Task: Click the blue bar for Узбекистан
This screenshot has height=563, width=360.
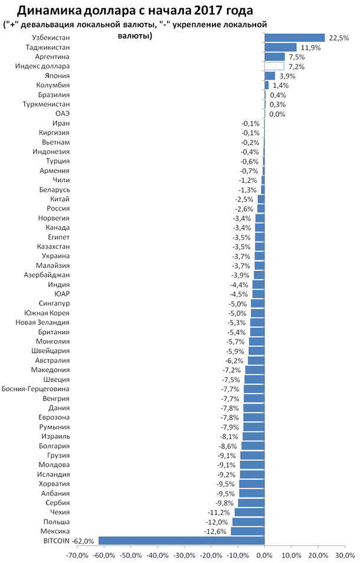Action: pyautogui.click(x=294, y=38)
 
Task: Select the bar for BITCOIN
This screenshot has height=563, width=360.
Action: pyautogui.click(x=181, y=541)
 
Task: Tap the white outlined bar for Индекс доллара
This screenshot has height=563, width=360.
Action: pyautogui.click(x=274, y=66)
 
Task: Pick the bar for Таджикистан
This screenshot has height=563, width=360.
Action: pyautogui.click(x=280, y=47)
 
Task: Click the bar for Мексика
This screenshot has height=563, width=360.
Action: pyautogui.click(x=248, y=531)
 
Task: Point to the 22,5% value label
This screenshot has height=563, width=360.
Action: pyautogui.click(x=339, y=38)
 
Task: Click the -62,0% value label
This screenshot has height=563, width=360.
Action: pyautogui.click(x=83, y=541)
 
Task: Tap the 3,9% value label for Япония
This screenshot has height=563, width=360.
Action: pyautogui.click(x=287, y=76)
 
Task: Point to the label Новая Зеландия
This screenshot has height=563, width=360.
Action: pyautogui.click(x=43, y=322)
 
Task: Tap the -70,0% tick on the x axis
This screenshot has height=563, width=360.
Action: pyautogui.click(x=77, y=555)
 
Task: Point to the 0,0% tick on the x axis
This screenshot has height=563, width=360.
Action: pyautogui.click(x=264, y=555)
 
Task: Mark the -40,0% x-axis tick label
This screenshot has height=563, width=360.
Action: pyautogui.click(x=157, y=555)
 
